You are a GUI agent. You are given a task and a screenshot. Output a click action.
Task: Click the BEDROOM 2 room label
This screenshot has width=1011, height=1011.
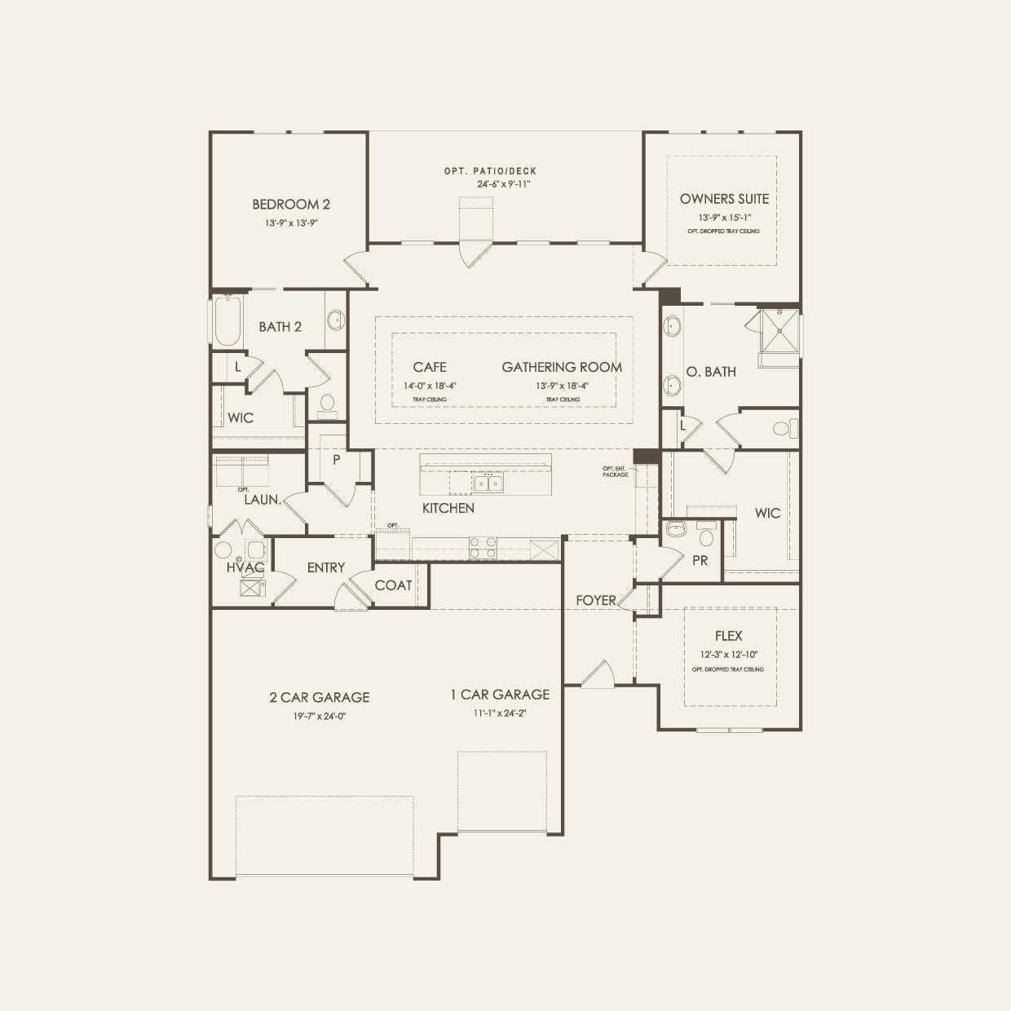[x=290, y=205]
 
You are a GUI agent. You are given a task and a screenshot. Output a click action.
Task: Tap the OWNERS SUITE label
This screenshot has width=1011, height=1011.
[x=724, y=199]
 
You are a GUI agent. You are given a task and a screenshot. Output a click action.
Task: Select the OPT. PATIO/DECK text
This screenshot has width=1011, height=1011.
[x=490, y=171]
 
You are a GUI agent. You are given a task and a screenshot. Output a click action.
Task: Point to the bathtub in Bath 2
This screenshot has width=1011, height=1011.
[x=227, y=321]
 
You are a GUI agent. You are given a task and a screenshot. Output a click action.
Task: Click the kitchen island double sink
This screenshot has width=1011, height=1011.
[x=488, y=483]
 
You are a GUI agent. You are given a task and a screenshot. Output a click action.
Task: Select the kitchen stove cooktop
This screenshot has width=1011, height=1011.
[x=483, y=548]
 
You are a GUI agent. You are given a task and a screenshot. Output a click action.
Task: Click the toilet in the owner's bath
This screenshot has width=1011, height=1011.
[x=782, y=428]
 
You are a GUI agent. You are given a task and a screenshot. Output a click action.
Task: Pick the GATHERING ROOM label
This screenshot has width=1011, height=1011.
[x=562, y=368]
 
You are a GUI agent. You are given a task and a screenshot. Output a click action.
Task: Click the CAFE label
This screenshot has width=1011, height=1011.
[x=429, y=368]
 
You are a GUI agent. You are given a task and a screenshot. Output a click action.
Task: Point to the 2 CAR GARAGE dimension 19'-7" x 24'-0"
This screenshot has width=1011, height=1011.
[x=320, y=716]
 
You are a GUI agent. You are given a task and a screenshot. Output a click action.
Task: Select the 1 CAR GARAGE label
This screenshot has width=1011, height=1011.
[x=500, y=695]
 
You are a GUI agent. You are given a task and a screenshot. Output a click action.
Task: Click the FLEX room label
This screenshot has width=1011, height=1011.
[x=728, y=636]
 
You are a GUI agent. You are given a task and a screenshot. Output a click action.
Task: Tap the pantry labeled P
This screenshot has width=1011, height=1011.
[x=336, y=459]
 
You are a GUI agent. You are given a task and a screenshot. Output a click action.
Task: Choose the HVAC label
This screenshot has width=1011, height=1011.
[x=245, y=567]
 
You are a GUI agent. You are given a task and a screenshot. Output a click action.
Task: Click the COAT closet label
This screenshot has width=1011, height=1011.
[x=393, y=585]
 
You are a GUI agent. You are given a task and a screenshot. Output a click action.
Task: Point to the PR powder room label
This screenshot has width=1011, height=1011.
[x=700, y=561]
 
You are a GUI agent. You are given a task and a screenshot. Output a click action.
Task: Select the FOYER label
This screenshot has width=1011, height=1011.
[x=596, y=600]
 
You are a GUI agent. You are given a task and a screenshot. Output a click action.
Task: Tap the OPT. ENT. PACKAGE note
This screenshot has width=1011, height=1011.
[x=616, y=471]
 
